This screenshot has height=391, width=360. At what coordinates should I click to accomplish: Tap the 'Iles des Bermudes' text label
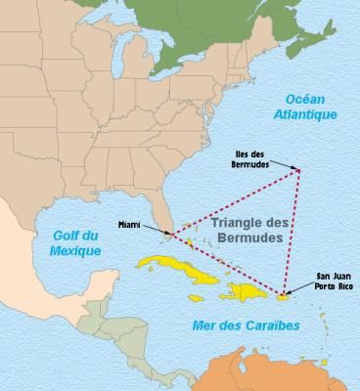click(259, 156)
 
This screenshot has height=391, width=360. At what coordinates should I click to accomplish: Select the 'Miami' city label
click(130, 223)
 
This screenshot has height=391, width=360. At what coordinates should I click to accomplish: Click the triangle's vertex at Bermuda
click(298, 172)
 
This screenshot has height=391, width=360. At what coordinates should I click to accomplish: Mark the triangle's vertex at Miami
click(171, 236)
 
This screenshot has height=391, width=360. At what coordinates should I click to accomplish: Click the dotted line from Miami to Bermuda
click(235, 203)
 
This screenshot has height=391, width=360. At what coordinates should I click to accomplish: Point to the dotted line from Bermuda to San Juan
click(292, 235)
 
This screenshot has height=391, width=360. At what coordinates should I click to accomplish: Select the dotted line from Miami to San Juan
click(228, 265)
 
